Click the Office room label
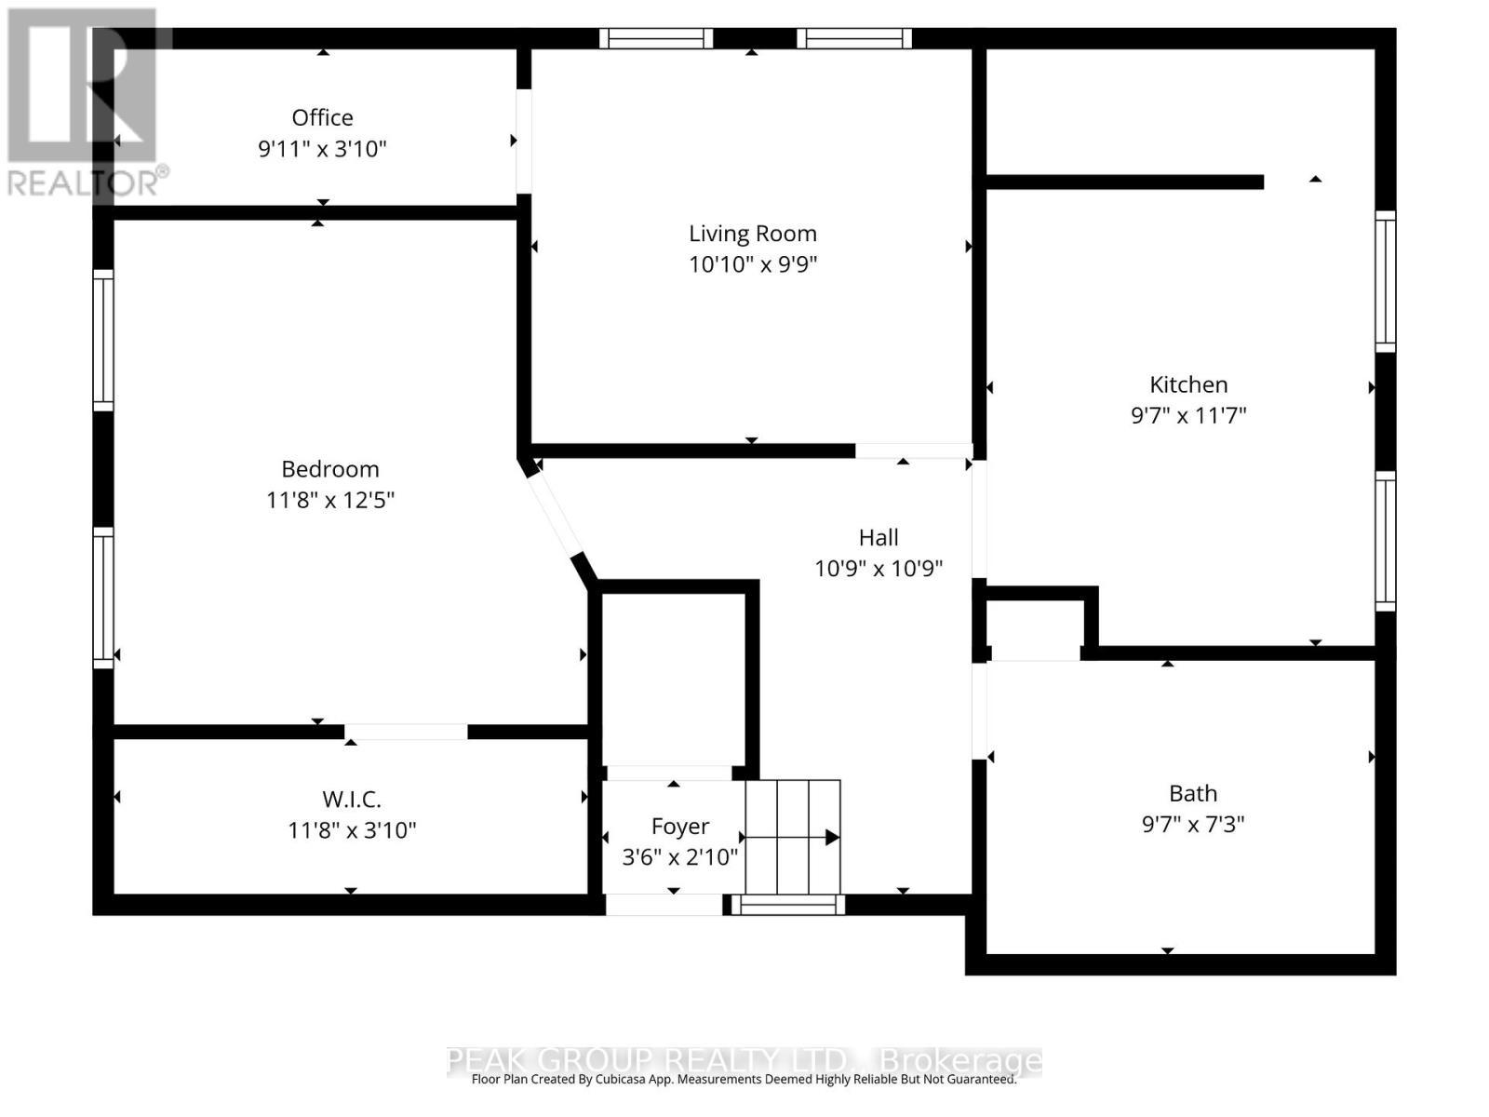(322, 117)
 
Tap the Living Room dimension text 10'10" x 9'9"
(752, 264)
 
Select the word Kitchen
(1188, 384)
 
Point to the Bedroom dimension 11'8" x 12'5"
(329, 500)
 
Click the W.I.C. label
(351, 799)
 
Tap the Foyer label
(679, 826)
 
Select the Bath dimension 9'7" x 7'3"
(1192, 824)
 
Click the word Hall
(878, 537)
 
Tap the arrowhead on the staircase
(832, 838)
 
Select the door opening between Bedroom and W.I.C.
(406, 732)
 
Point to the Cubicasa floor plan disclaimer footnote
(744, 1080)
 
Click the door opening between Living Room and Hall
(913, 451)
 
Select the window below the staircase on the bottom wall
(787, 904)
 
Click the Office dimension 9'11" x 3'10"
(322, 149)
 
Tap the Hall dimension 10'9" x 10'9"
(878, 568)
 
